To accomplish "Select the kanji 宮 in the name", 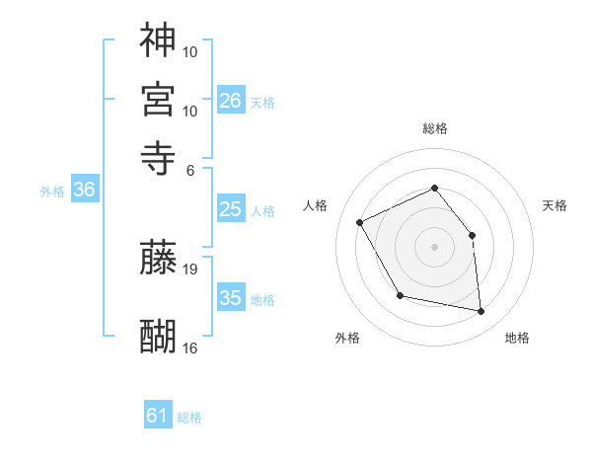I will [158, 99].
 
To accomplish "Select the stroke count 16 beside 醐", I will [190, 348].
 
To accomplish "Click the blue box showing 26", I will [231, 101].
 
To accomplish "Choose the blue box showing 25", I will [231, 209].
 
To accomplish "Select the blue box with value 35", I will [231, 298].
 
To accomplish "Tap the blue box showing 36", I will [84, 191].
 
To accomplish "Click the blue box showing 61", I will [158, 417].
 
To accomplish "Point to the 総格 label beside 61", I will [189, 418].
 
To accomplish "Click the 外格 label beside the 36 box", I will [51, 192].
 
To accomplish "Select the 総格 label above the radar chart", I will [434, 128].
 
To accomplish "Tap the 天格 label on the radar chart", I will [555, 205].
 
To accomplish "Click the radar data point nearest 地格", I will [481, 312].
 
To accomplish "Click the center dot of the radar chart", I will [434, 246].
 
